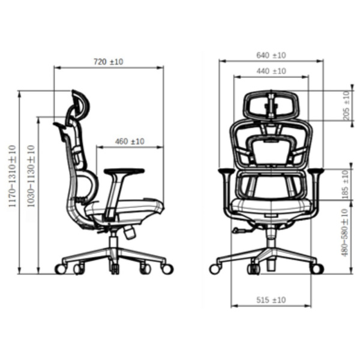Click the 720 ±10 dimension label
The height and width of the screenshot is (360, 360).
[x=109, y=62]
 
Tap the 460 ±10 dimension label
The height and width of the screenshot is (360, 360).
[x=130, y=142]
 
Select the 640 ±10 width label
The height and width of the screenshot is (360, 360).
[x=271, y=55]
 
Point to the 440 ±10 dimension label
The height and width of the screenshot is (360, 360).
[x=271, y=71]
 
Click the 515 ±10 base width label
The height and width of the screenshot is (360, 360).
[x=271, y=299]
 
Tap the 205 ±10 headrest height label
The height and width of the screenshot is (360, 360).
[x=346, y=106]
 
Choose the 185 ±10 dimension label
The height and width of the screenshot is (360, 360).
[x=346, y=185]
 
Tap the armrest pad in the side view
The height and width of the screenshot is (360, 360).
[x=124, y=172]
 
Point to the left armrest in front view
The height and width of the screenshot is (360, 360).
[x=226, y=173]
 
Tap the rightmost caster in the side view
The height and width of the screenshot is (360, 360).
[x=167, y=269]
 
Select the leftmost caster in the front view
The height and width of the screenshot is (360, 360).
[x=214, y=269]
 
